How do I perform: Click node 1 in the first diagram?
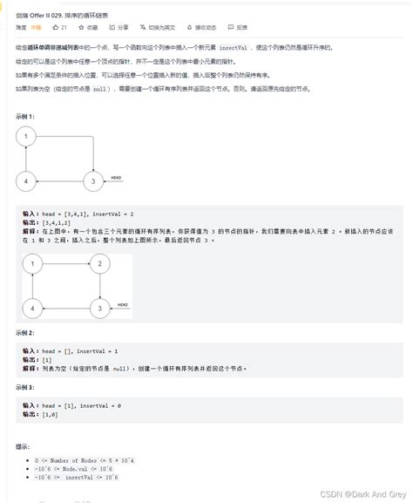coord(27,137)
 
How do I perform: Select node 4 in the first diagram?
coord(27,182)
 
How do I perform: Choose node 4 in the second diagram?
coord(34,308)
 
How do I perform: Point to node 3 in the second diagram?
coord(100,308)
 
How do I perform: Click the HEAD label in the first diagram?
coord(116,179)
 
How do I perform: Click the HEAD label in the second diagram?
coord(122,305)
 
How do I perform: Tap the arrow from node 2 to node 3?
coord(100,285)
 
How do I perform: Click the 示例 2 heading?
coord(25,333)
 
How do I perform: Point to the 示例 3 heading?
coord(25,387)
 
